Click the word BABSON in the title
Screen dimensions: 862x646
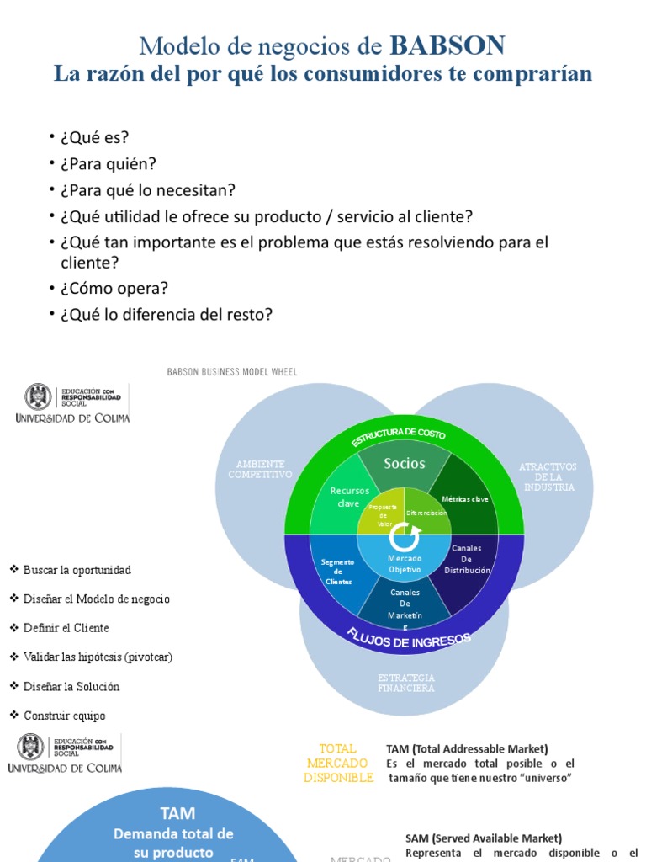coord(447,45)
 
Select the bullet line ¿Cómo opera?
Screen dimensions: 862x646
coord(114,288)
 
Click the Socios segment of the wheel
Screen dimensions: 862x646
coord(405,464)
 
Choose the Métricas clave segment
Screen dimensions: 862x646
coord(464,499)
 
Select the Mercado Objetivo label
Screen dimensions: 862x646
coord(404,564)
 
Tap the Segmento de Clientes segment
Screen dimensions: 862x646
coord(337,572)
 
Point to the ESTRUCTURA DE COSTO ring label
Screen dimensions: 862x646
coord(399,437)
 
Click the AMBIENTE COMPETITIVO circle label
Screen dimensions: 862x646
coord(260,469)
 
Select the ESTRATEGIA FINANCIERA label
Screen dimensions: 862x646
coord(406,683)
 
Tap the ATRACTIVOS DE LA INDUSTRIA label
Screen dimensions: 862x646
coord(548,476)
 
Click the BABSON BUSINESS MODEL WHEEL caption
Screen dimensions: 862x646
coord(232,372)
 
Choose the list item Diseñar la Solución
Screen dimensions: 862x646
coord(71,686)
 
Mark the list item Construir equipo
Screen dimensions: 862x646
coord(65,716)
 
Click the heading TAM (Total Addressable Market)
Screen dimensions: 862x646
coord(467,748)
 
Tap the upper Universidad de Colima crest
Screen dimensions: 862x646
coord(37,397)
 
